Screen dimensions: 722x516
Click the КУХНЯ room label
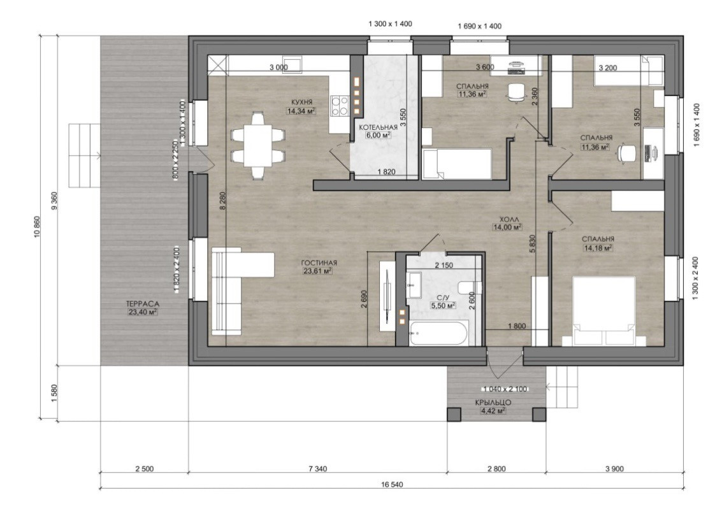coord(301,102)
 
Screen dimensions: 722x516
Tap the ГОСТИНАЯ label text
coord(319,263)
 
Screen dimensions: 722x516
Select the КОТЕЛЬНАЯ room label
coord(378,127)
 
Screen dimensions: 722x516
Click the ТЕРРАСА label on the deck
coord(142,304)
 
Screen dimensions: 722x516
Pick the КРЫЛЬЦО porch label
coord(493,403)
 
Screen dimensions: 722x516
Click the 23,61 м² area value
coord(318,271)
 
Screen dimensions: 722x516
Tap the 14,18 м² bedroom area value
coord(598,248)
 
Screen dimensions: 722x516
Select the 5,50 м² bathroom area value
coord(442,305)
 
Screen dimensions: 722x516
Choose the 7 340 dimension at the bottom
coord(318,469)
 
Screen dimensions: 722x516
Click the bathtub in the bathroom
coord(438,333)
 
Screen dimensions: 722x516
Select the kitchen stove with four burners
coord(340,104)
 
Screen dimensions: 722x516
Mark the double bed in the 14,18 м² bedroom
coord(603,311)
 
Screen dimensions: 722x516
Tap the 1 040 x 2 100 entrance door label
coord(505,389)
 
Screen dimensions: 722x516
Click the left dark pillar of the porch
coord(454,414)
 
